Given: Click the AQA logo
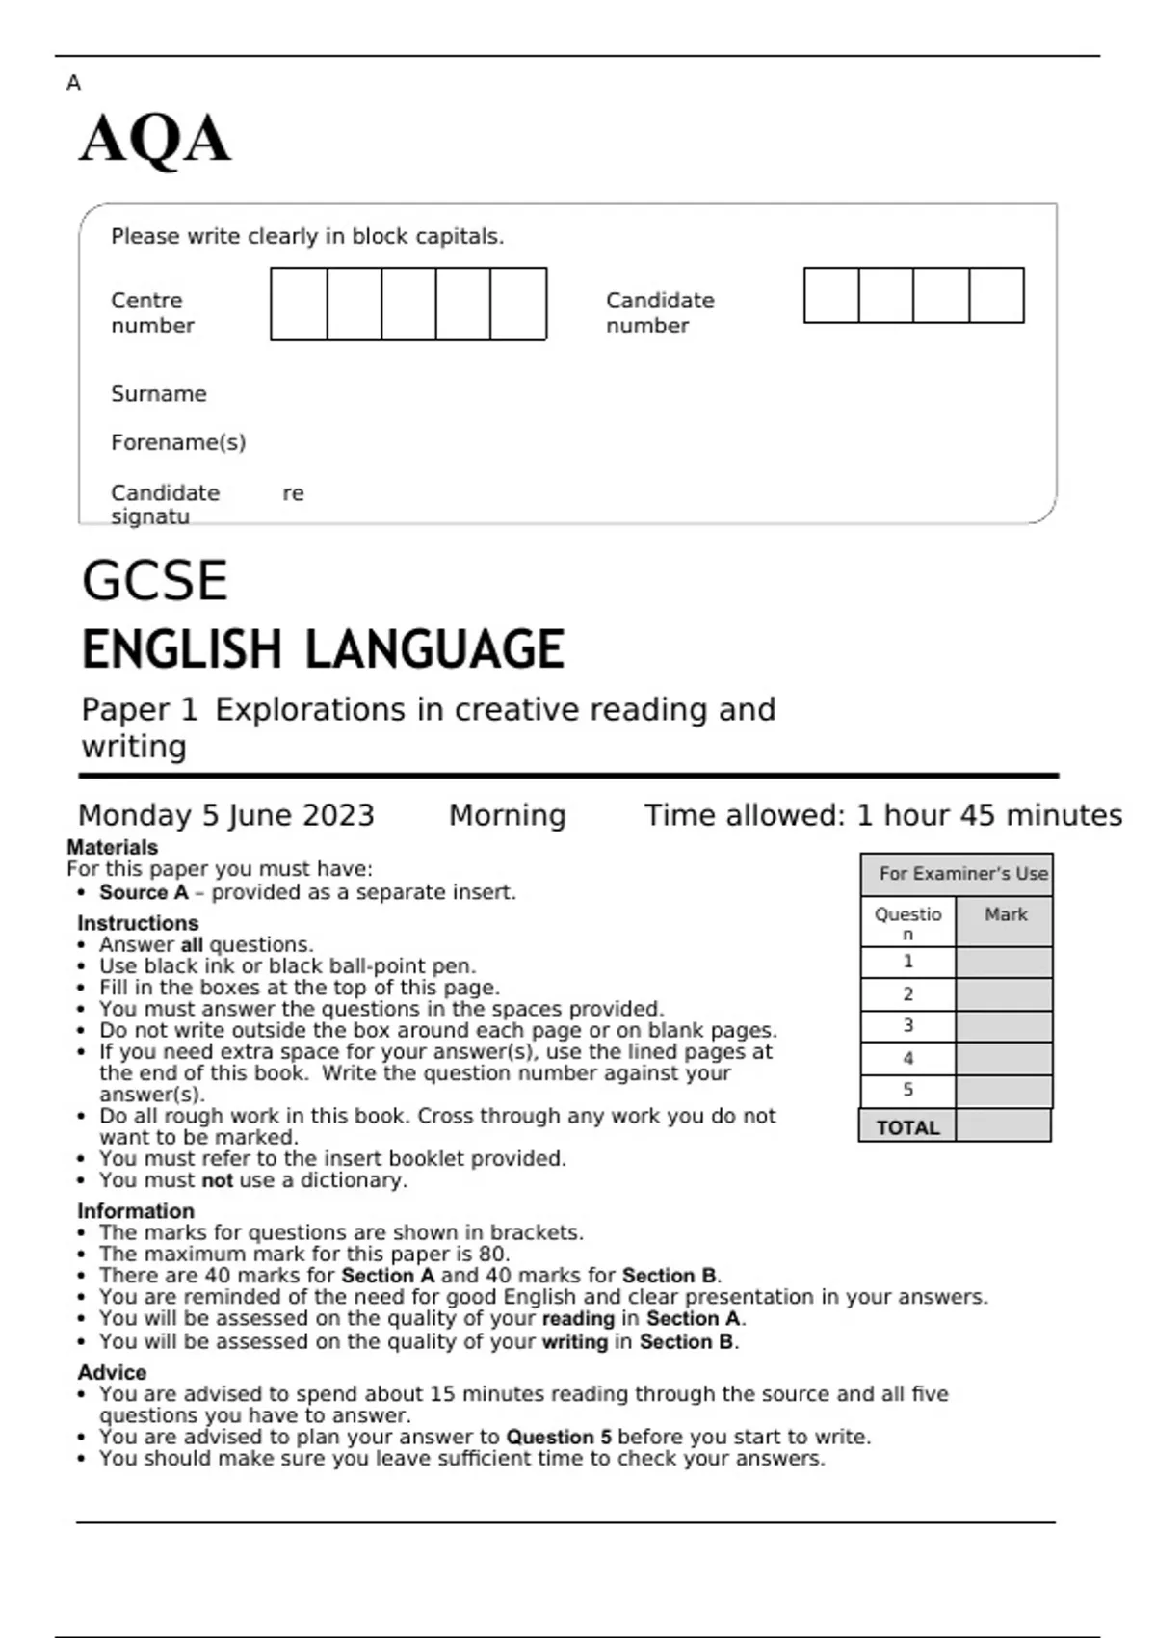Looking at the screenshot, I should point(155,140).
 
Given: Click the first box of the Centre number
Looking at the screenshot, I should point(299,304).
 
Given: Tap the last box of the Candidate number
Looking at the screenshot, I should point(996,296).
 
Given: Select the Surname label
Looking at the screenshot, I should point(159,394).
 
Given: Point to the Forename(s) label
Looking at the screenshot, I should point(178,442).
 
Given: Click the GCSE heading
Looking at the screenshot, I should point(155,581).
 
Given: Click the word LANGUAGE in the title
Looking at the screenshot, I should point(434,649).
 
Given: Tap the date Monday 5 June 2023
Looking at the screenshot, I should point(225,815).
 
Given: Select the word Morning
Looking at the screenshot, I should point(507,815).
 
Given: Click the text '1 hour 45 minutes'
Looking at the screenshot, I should point(988,815).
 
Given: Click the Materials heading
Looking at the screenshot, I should point(112,847).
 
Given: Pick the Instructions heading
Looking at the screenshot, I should point(138,922).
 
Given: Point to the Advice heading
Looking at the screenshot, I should point(112,1372).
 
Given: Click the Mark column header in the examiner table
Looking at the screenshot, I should point(1005,914).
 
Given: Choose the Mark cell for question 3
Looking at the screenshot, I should point(1004,1026).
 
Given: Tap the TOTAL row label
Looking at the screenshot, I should point(907,1127).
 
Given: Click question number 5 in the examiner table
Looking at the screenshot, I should point(907,1090).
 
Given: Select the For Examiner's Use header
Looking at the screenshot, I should point(961,874).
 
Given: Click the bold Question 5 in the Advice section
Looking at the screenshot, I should point(559,1437).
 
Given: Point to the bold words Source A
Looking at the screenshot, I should point(144,892).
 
